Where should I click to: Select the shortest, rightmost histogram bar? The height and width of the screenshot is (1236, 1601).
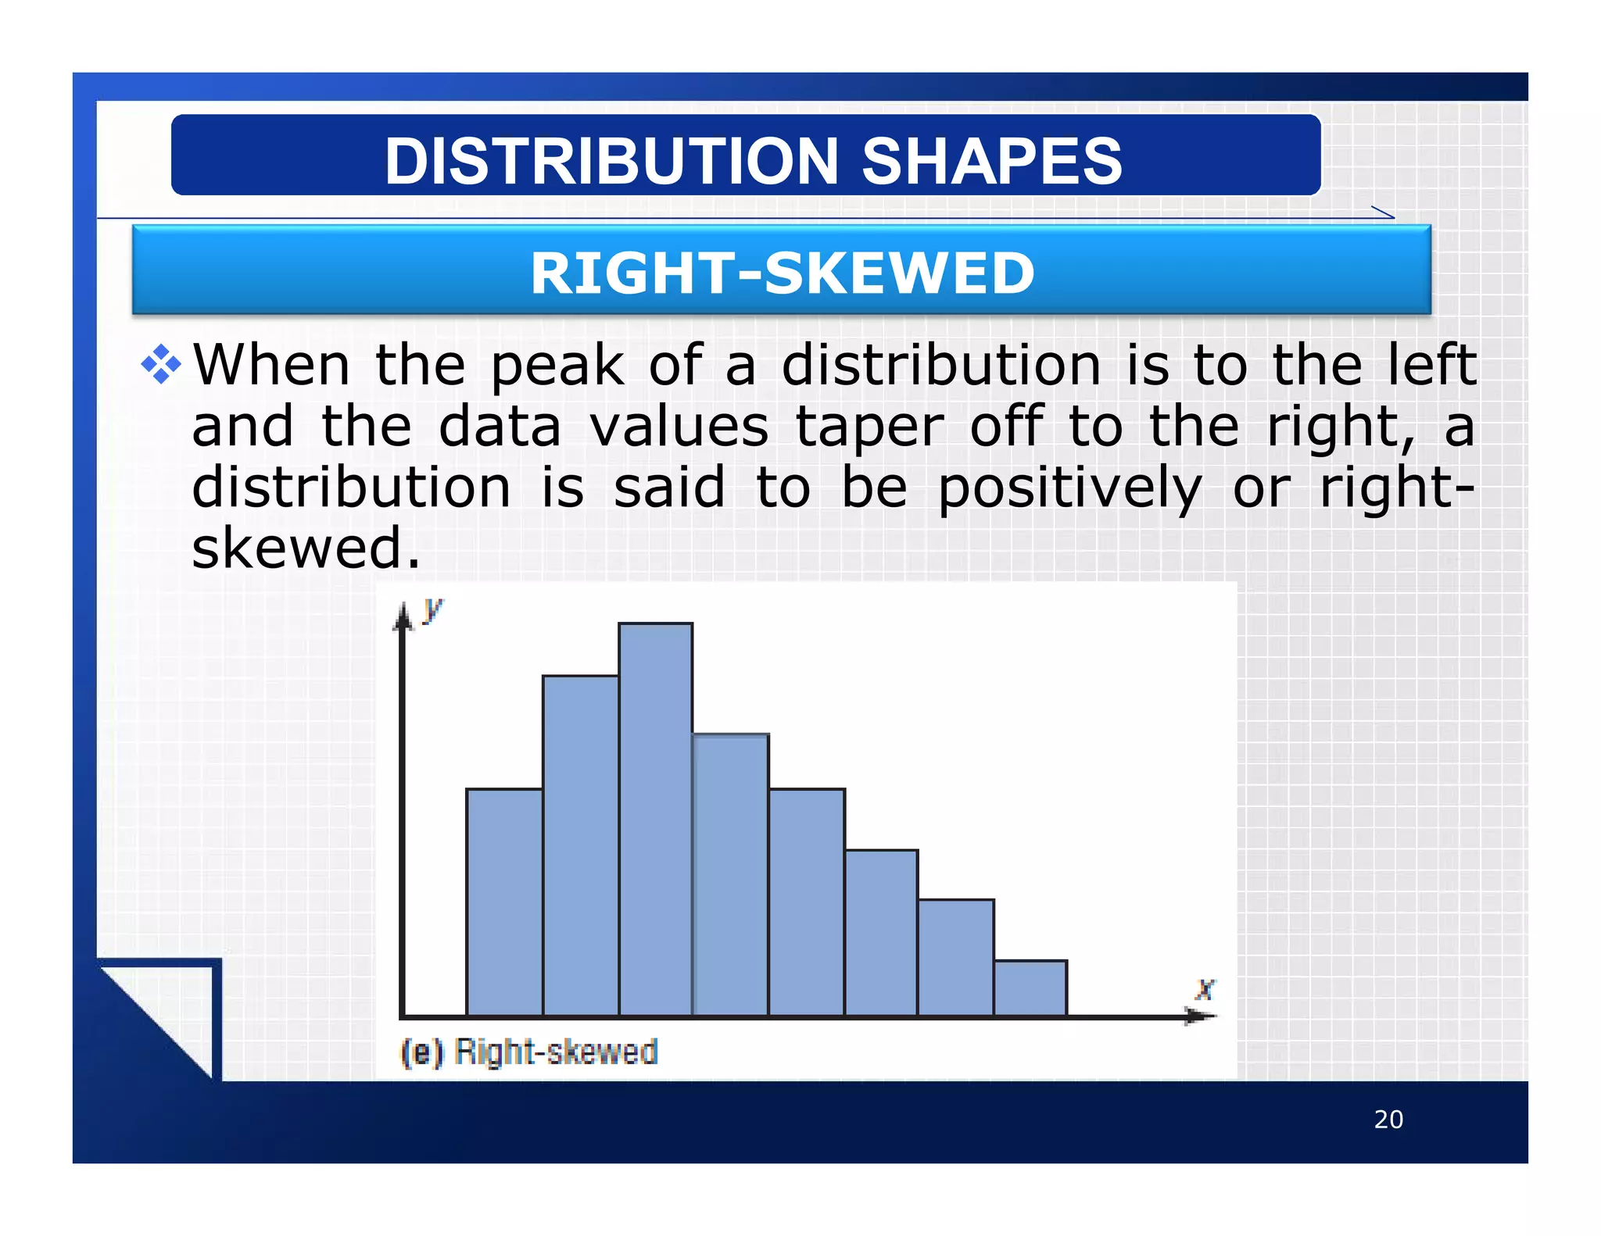[1030, 988]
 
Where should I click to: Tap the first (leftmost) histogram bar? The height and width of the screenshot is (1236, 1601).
[504, 902]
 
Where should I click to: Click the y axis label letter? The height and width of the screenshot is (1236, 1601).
[432, 609]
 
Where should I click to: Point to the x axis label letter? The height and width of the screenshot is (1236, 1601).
[1205, 989]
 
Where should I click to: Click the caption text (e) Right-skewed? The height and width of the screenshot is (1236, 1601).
[529, 1052]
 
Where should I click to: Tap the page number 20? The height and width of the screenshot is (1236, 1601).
[1388, 1120]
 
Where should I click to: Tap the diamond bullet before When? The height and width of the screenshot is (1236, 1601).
[161, 364]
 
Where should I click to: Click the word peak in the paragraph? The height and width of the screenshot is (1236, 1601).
[557, 366]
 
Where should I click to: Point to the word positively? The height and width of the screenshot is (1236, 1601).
[1069, 488]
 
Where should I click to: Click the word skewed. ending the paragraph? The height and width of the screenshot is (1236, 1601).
[306, 548]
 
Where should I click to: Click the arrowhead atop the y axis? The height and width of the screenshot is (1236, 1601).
[403, 617]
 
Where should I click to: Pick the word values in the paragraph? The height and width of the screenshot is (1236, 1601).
[679, 427]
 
